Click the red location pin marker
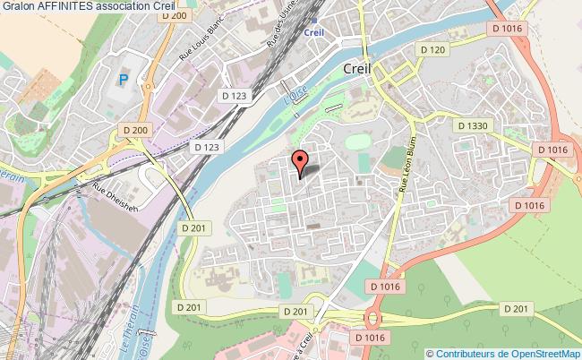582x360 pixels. pos(300,161)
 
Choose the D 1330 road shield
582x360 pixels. pos(471,125)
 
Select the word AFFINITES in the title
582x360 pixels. pos(69,7)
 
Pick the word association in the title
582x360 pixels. pos(125,7)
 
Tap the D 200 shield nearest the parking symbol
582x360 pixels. pos(137,130)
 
